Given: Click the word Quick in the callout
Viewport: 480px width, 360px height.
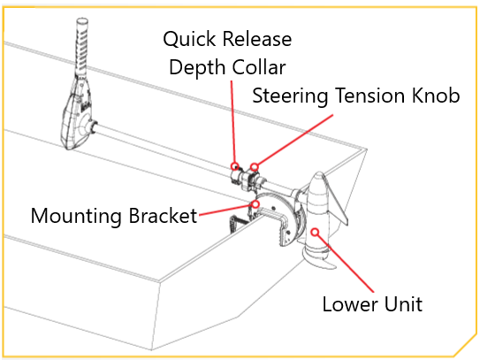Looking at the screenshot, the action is (189, 39).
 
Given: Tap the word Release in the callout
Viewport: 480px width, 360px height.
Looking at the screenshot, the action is (257, 39).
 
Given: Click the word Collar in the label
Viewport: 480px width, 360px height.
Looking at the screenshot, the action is (259, 67).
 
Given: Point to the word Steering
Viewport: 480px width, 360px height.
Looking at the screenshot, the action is (290, 96).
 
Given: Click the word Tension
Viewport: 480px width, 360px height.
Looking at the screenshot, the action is (370, 96).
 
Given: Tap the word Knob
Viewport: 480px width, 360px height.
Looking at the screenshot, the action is (436, 96).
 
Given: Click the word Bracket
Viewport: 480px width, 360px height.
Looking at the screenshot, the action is (163, 216).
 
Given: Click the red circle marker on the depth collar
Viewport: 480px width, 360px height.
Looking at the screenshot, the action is (235, 166).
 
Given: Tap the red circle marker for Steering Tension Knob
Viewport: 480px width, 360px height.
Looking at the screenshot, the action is (255, 166).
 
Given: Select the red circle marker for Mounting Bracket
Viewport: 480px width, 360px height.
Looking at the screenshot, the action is (255, 203).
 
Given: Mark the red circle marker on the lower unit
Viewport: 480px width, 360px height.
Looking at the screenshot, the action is (315, 232).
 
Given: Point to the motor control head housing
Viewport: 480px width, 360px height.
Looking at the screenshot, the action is (77, 117).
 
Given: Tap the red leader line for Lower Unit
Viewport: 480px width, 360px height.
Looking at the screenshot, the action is (346, 264).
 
